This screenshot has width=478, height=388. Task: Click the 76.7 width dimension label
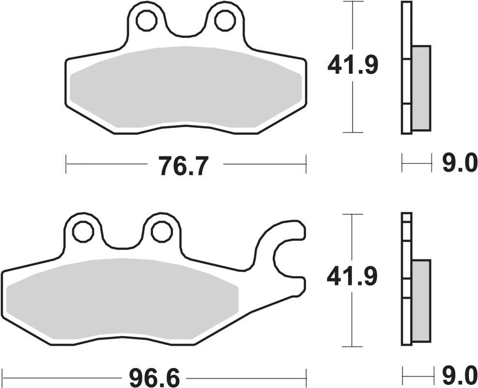coord(185,166)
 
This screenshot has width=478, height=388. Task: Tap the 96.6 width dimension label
coord(154,378)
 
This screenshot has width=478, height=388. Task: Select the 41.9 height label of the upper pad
coord(353,65)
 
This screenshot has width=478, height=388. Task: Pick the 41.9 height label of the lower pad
coord(352,276)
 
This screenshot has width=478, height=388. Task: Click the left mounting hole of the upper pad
coord(147,21)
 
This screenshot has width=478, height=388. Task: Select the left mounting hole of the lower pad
coord(83,232)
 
